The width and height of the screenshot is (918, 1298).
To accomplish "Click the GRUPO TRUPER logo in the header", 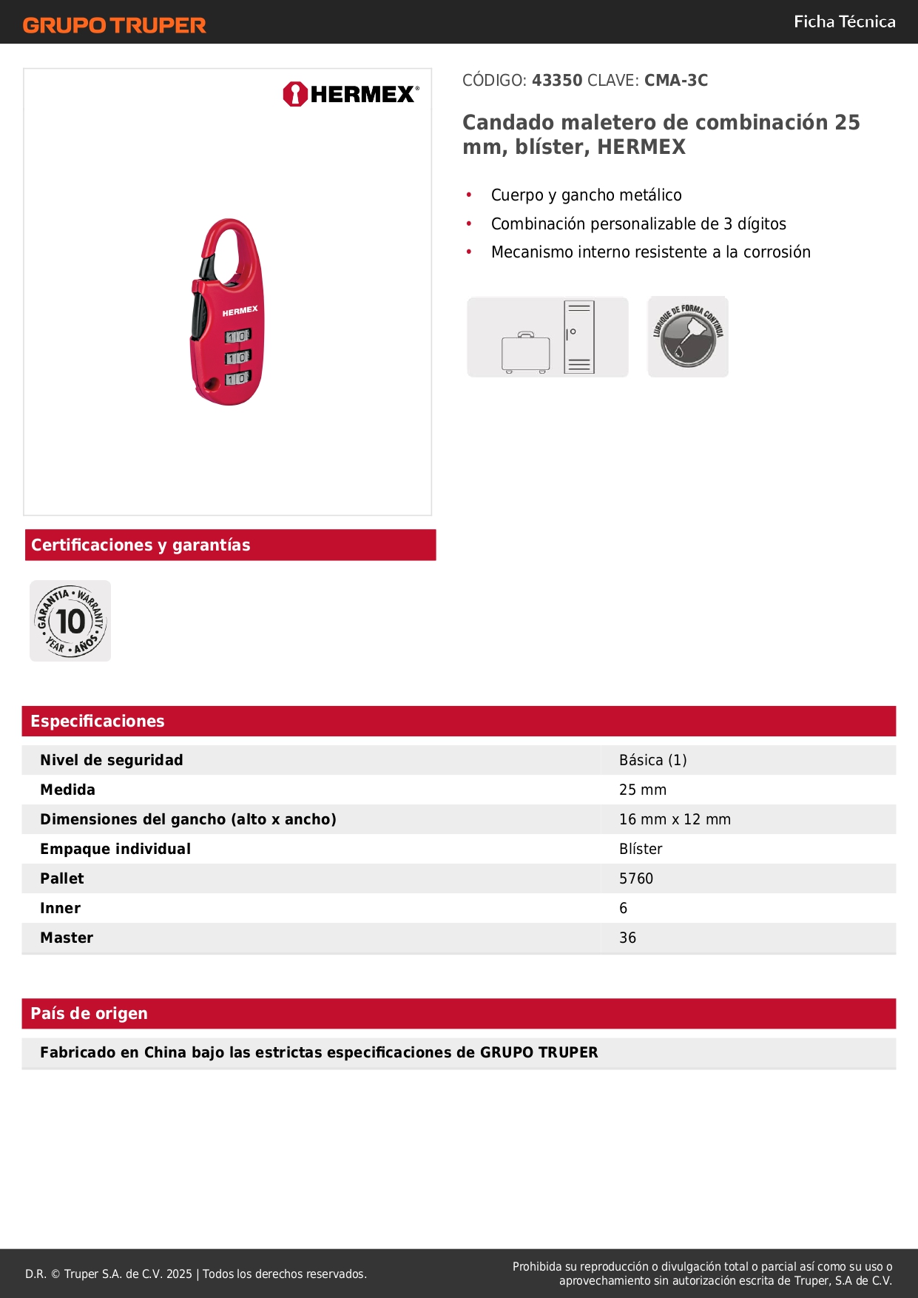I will coord(114,25).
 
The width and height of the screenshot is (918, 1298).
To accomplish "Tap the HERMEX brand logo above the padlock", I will coord(351,94).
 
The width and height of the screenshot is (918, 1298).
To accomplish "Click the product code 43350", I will coord(557,80).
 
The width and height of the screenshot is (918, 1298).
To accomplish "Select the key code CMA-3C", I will coord(676,80).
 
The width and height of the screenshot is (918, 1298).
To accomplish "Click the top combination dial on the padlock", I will coord(237,337).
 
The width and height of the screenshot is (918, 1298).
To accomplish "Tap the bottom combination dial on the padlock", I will coord(237,379).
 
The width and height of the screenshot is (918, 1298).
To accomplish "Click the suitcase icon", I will coord(525,352).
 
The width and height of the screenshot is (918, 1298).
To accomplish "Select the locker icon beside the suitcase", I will coord(578,337).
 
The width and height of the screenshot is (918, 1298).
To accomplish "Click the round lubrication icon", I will coord(688,337).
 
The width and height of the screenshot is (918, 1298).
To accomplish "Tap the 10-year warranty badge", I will coord(70,621).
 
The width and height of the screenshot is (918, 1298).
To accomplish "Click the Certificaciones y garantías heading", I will coord(141,545).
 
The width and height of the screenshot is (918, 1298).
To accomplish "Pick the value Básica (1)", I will coord(652,760).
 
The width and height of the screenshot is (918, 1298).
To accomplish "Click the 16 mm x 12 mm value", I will coord(675,819).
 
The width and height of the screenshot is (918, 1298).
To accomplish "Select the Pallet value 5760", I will coord(636,878).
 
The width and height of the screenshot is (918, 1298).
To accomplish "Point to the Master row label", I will coord(67,938).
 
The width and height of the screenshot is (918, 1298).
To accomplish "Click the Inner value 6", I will coord(623,908).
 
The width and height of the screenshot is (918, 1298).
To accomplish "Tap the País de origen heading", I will coord(89,1014).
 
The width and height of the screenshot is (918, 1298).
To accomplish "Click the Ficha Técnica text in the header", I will coord(844,21).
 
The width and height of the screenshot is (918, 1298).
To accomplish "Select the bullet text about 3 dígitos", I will coord(638,223).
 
